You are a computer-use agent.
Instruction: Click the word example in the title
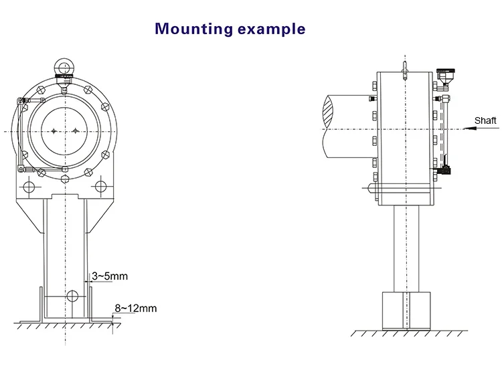coord(273,29)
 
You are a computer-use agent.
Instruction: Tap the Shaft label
coord(485,120)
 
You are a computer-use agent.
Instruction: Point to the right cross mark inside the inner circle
coord(77,131)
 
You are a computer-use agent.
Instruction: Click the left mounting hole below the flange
coord(29,185)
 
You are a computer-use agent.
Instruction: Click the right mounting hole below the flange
coord(100,185)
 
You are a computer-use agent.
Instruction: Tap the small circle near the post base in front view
coord(72,295)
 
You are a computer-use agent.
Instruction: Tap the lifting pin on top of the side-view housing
coord(405,69)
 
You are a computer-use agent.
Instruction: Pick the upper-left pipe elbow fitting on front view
coord(21,102)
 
